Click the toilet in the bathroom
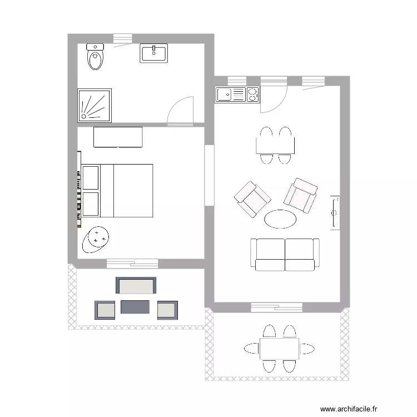pyautogui.click(x=96, y=57)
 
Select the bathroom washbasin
pyautogui.click(x=154, y=54)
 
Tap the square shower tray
pyautogui.click(x=95, y=105)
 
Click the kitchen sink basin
pyautogui.click(x=225, y=95)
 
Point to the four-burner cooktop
pyautogui.click(x=252, y=95)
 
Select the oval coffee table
pyautogui.click(x=280, y=219)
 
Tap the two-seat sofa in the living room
pyautogui.click(x=285, y=255)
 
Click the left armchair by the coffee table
pyautogui.click(x=252, y=199)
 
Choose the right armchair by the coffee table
pyautogui.click(x=301, y=195)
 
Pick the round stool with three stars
pyautogui.click(x=97, y=239)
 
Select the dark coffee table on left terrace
pyautogui.click(x=135, y=307)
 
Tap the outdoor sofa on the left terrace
pyautogui.click(x=136, y=285)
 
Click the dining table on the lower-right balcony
pyautogui.click(x=279, y=349)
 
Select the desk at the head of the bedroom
pyautogui.click(x=118, y=137)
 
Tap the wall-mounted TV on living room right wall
pyautogui.click(x=335, y=212)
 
